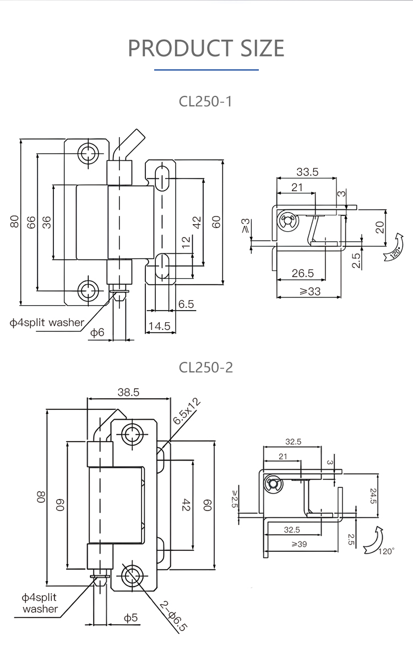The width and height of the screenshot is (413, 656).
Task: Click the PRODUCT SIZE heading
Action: point(206,48)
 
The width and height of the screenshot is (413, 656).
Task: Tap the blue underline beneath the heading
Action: point(206,70)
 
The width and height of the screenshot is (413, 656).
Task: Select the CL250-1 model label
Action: point(206,101)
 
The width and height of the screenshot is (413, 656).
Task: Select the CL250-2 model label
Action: point(206,367)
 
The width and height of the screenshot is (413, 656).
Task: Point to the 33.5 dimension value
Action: point(307,171)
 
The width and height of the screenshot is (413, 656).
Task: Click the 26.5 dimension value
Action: point(302,273)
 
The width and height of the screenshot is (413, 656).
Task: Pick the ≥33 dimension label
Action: point(309,291)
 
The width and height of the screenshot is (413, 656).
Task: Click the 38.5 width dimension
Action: point(128,392)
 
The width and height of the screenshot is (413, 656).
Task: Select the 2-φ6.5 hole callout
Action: point(173,615)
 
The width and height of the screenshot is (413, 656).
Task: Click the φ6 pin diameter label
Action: point(97,332)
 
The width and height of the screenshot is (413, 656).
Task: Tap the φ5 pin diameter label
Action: point(130,618)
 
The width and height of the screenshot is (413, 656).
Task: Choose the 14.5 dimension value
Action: point(159,327)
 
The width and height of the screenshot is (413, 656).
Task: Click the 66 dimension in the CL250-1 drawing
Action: point(31,222)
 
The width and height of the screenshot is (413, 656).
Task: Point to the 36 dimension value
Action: point(47,222)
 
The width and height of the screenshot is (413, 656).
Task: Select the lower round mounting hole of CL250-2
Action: point(132,576)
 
